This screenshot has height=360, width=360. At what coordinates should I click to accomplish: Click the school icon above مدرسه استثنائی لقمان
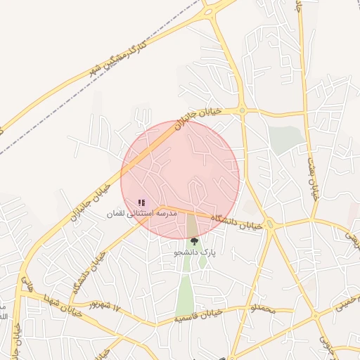point(141,202)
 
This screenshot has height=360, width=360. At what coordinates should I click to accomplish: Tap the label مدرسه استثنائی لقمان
point(141,212)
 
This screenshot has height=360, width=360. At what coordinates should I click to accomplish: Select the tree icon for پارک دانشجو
point(195,241)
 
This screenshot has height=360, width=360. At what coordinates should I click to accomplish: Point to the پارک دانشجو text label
point(195,251)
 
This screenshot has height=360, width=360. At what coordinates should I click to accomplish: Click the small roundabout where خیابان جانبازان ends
point(242,110)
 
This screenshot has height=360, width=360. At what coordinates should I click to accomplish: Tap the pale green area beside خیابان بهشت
point(284,139)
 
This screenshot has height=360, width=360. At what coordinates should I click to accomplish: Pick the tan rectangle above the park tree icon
point(192,226)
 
